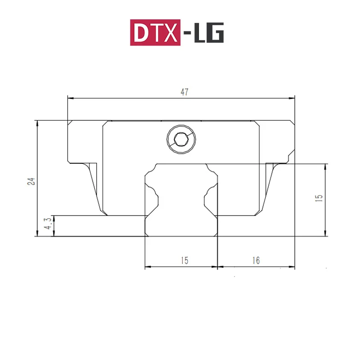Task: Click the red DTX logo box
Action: pyautogui.click(x=156, y=32)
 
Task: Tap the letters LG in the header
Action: pyautogui.click(x=209, y=33)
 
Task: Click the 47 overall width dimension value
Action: pyautogui.click(x=184, y=92)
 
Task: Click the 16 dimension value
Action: pyautogui.click(x=256, y=261)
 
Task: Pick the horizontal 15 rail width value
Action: pyautogui.click(x=184, y=261)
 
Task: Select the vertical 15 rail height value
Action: pyautogui.click(x=319, y=198)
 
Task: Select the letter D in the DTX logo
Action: pyautogui.click(x=140, y=33)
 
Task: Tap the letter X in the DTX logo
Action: pyautogui.click(x=170, y=33)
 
